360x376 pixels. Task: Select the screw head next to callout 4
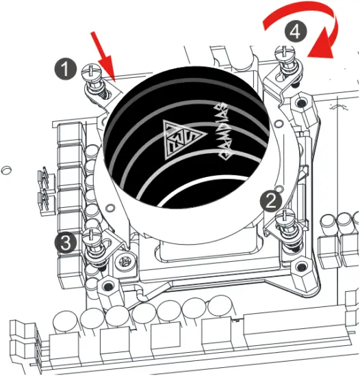click(x=282, y=49)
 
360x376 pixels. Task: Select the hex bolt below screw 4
click(x=300, y=103)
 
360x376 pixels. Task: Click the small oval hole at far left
click(x=6, y=167)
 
